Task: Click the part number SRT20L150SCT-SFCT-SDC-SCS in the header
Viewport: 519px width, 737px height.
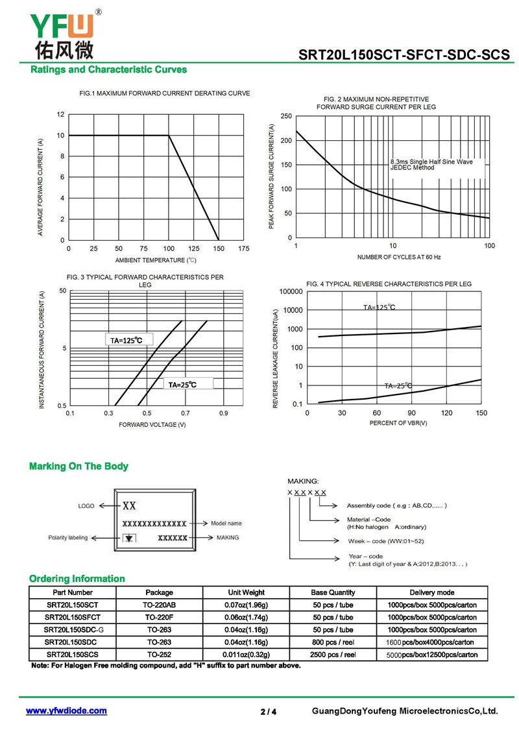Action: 404,56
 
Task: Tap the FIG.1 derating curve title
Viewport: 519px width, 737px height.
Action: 164,93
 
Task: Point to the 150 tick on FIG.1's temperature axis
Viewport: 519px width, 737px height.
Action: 219,248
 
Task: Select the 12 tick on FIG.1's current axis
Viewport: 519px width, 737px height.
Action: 60,115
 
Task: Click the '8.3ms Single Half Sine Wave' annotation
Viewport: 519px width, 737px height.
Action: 431,162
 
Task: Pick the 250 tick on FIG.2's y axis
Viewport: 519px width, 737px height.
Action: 286,115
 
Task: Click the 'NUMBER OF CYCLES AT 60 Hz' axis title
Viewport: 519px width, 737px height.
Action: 399,257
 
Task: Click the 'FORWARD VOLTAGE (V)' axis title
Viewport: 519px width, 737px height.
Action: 152,424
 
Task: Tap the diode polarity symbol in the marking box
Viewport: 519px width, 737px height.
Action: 130,538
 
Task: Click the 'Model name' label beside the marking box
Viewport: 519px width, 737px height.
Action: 226,523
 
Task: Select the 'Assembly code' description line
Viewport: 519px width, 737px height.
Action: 396,505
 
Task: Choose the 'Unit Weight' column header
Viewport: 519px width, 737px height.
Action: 246,592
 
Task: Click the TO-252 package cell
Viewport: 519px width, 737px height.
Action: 159,655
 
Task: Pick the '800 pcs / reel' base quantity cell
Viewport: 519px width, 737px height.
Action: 333,642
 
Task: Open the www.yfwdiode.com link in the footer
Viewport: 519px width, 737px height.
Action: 66,711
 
